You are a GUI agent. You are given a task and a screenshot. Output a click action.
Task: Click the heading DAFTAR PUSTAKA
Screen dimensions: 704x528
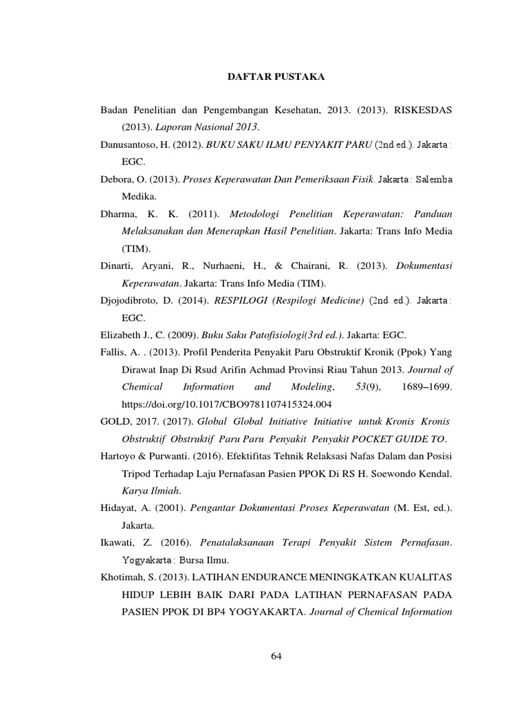point(276,78)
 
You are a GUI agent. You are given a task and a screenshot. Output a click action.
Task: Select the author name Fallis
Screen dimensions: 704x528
point(115,353)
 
